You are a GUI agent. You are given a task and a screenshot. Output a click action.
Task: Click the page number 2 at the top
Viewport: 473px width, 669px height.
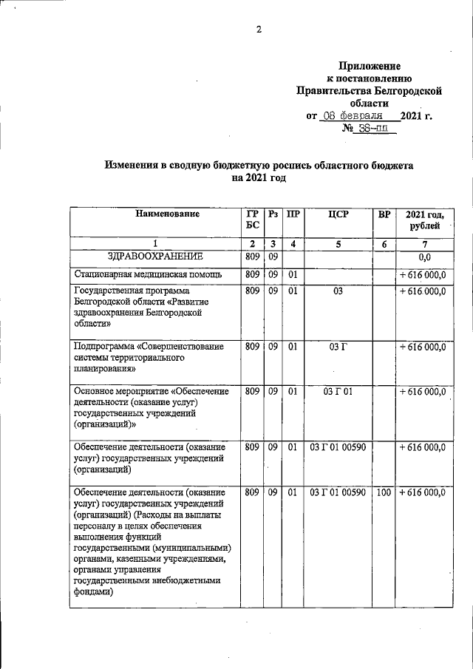click(259, 30)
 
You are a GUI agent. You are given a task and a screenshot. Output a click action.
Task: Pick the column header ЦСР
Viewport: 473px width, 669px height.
click(338, 214)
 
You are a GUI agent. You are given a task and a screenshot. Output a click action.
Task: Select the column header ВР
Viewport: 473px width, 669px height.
click(384, 214)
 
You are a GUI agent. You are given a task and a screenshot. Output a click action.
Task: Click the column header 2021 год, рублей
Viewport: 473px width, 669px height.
click(423, 220)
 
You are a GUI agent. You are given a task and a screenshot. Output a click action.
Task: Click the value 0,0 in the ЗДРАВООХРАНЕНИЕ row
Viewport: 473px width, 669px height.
click(424, 258)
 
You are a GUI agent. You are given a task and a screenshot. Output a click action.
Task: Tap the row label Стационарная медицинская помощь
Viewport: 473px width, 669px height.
click(140, 276)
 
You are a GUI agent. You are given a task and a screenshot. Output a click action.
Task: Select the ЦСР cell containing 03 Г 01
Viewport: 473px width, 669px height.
click(338, 391)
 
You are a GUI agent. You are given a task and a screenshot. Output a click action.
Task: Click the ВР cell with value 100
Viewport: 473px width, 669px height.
click(384, 492)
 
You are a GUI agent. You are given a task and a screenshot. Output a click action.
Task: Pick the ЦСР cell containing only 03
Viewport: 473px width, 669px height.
click(338, 292)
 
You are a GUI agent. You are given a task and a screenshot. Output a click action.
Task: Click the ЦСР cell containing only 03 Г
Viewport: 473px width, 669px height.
click(338, 345)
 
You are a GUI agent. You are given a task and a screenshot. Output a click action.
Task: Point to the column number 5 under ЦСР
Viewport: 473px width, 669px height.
click(338, 244)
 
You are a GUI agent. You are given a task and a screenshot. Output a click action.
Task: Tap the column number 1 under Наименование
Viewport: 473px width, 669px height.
click(155, 244)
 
